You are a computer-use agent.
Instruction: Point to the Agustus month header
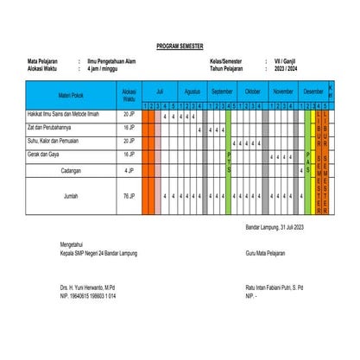click(x=193, y=90)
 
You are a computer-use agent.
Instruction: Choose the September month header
click(x=222, y=90)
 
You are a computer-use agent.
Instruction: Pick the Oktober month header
click(x=253, y=90)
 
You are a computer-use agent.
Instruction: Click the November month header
click(x=283, y=90)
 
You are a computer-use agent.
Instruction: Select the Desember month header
click(x=313, y=90)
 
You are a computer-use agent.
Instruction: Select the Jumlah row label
click(x=71, y=197)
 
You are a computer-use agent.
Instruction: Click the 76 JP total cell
click(x=129, y=197)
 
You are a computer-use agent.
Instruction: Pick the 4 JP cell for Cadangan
click(x=129, y=170)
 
